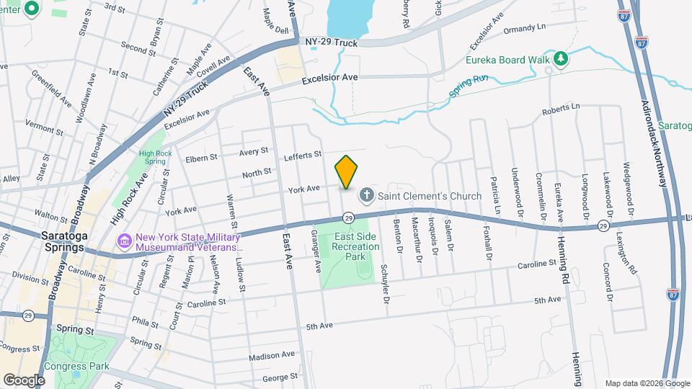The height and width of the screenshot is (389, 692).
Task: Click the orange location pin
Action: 346,172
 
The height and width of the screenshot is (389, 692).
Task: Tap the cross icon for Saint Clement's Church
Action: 367,194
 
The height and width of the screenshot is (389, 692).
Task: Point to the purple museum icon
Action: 124,241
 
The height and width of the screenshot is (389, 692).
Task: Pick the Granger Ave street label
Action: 314,257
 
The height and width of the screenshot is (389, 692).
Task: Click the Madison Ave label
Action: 272,355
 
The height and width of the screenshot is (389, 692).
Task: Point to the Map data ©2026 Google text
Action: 646,383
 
